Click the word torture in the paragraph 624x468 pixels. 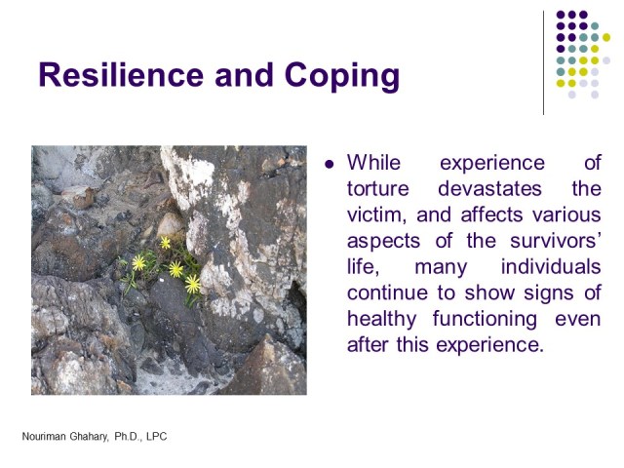(x=378, y=188)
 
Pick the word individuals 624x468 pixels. (x=551, y=267)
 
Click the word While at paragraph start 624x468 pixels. (x=373, y=162)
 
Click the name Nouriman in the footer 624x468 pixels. (x=49, y=437)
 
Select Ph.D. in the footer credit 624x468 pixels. (x=122, y=437)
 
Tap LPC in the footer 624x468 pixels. (x=156, y=437)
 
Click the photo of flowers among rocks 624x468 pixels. (x=169, y=270)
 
